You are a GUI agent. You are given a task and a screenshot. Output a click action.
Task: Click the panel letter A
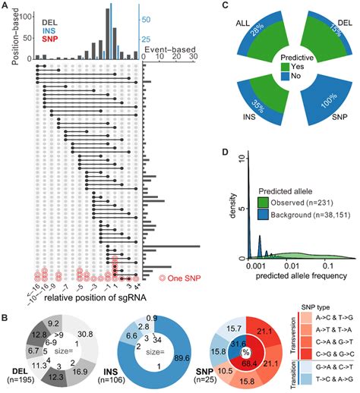6,6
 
